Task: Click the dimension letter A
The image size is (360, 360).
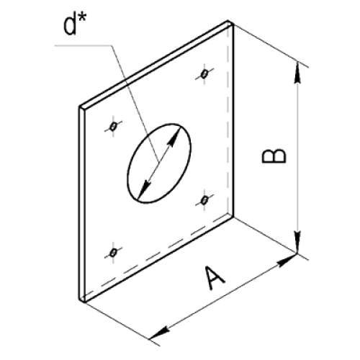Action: pyautogui.click(x=215, y=279)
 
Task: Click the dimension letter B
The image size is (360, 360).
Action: pyautogui.click(x=274, y=156)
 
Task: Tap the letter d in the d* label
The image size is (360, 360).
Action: pyautogui.click(x=70, y=25)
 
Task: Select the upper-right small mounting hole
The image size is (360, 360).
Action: pyautogui.click(x=204, y=74)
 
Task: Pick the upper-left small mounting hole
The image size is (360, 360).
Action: pyautogui.click(x=113, y=126)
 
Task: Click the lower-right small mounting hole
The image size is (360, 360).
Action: pyautogui.click(x=204, y=200)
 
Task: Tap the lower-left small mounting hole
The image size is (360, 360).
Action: pyautogui.click(x=113, y=253)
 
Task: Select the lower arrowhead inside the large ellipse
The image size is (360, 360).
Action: pyautogui.click(x=145, y=189)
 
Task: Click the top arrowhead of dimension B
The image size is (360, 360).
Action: pyautogui.click(x=297, y=73)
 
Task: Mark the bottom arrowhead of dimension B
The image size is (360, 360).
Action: pyautogui.click(x=297, y=242)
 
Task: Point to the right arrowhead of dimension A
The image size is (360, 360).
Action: pyautogui.click(x=287, y=261)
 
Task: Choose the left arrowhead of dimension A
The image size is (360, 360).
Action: pyautogui.click(x=161, y=333)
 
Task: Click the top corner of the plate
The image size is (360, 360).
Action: pyautogui.click(x=228, y=21)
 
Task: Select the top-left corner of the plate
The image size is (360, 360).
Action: pyautogui.click(x=80, y=107)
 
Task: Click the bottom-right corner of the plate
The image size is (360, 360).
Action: pyautogui.click(x=233, y=217)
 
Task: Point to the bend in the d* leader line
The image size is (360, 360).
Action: pyautogui.click(x=112, y=45)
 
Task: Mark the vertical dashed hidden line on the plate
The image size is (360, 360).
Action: pyautogui.click(x=228, y=120)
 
